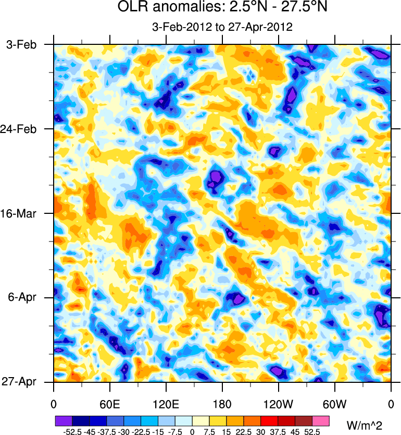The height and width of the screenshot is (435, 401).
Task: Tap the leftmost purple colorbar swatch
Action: pyautogui.click(x=63, y=420)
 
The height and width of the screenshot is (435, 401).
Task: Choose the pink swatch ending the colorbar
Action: pyautogui.click(x=321, y=420)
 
